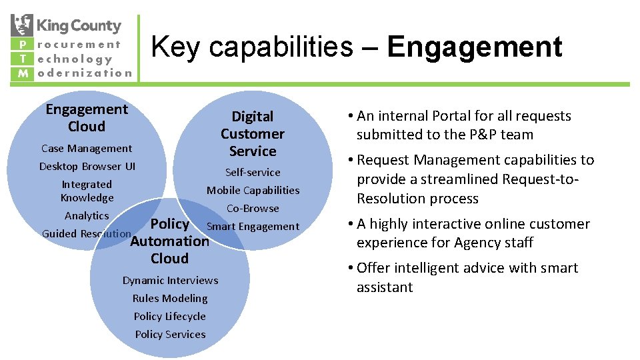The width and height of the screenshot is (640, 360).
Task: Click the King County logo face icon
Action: click(x=22, y=25)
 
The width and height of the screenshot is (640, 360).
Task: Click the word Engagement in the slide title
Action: click(x=475, y=47)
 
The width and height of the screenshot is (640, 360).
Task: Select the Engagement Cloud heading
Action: click(x=87, y=117)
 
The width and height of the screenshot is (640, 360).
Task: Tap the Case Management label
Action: click(x=87, y=149)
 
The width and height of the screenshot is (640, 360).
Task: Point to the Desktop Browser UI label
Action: click(x=87, y=167)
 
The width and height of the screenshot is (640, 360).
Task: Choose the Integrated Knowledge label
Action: click(x=87, y=191)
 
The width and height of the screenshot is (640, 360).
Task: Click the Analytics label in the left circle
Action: click(x=87, y=216)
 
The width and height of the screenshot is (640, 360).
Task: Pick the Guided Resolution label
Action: click(x=86, y=234)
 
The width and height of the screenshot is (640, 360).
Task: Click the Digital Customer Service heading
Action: click(x=253, y=134)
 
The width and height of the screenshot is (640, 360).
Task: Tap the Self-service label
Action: click(x=253, y=173)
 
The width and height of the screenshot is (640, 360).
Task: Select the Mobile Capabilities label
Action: click(x=253, y=191)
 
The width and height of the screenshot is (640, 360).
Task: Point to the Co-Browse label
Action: click(x=253, y=209)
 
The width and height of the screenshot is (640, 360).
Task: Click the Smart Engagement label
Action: click(x=253, y=227)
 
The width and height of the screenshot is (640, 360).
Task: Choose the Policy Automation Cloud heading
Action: click(x=170, y=241)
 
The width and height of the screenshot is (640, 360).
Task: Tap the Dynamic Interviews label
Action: click(x=170, y=281)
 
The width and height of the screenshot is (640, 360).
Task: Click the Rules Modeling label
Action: click(x=170, y=299)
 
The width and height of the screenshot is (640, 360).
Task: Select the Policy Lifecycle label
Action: click(x=170, y=317)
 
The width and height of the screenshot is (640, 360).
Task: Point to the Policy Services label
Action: click(x=170, y=335)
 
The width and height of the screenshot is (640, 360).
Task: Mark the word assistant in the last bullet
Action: click(x=385, y=287)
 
